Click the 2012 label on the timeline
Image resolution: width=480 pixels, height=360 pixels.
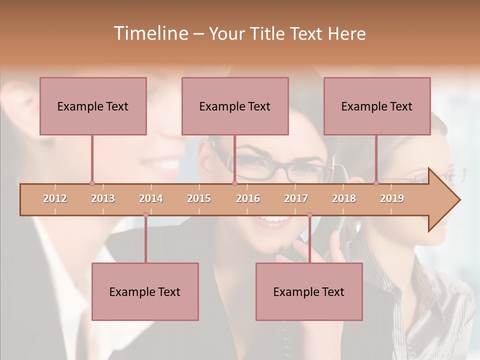[x=55, y=198]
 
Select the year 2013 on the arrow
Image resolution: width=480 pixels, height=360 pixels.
[x=103, y=198]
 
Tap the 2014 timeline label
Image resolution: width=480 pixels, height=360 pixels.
[x=151, y=198]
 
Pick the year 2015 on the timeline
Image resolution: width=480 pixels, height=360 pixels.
[x=199, y=198]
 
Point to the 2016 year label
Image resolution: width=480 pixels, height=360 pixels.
[x=248, y=198]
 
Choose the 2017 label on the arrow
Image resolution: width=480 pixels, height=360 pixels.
[x=296, y=198]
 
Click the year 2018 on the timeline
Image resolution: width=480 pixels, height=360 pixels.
[x=344, y=198]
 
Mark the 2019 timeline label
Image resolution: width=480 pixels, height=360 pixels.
[x=392, y=198]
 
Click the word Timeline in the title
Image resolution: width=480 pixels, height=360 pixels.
[x=150, y=33]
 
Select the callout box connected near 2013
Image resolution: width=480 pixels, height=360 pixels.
[x=93, y=106]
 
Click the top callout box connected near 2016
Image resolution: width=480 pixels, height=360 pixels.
[x=235, y=106]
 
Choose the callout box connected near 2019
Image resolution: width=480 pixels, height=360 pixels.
[x=377, y=106]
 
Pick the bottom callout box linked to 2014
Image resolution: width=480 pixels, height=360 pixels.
[x=145, y=291]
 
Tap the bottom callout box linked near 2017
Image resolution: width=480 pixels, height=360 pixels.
[x=309, y=291]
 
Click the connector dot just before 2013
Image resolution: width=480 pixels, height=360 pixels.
[x=92, y=183]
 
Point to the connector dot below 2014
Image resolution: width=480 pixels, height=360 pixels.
[x=145, y=215]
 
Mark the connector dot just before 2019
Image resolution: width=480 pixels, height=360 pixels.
[x=376, y=183]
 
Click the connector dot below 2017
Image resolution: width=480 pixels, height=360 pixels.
[x=309, y=215]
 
